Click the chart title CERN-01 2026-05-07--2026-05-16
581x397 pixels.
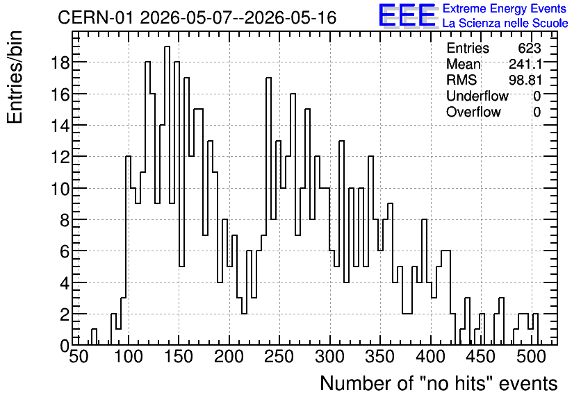197,18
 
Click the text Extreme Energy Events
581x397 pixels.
505,8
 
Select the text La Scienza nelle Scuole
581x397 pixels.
505,24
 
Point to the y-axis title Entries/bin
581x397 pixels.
15,78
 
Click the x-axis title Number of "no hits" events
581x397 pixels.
439,383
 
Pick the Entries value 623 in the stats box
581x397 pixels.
530,49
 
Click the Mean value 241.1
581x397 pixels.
525,65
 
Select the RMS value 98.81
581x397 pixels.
525,81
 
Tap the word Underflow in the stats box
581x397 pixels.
477,96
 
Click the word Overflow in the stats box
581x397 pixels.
473,112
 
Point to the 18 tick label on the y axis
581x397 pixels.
60,63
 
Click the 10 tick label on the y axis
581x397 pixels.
60,189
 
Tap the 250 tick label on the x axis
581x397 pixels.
279,357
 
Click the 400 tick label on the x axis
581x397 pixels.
430,357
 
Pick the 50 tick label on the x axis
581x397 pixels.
79,357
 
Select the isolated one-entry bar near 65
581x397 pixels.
94,337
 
